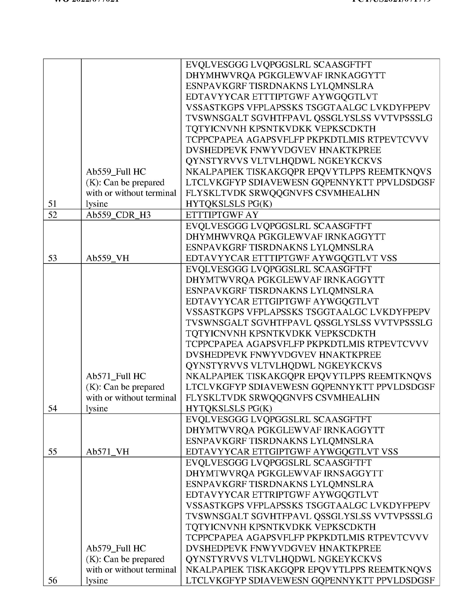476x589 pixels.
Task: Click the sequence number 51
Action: pos(52,204)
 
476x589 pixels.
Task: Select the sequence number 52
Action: pos(52,215)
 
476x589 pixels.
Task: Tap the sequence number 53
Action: pos(52,258)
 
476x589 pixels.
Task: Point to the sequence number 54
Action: pos(52,409)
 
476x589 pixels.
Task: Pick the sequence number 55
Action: pos(52,452)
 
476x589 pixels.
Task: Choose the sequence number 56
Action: pos(52,580)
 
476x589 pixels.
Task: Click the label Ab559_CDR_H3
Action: pos(118,215)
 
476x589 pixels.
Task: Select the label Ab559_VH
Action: pos(107,258)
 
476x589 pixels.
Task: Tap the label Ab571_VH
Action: pos(107,452)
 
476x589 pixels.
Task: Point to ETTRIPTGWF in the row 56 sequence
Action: pos(281,495)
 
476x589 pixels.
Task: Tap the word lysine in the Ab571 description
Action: pos(97,409)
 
